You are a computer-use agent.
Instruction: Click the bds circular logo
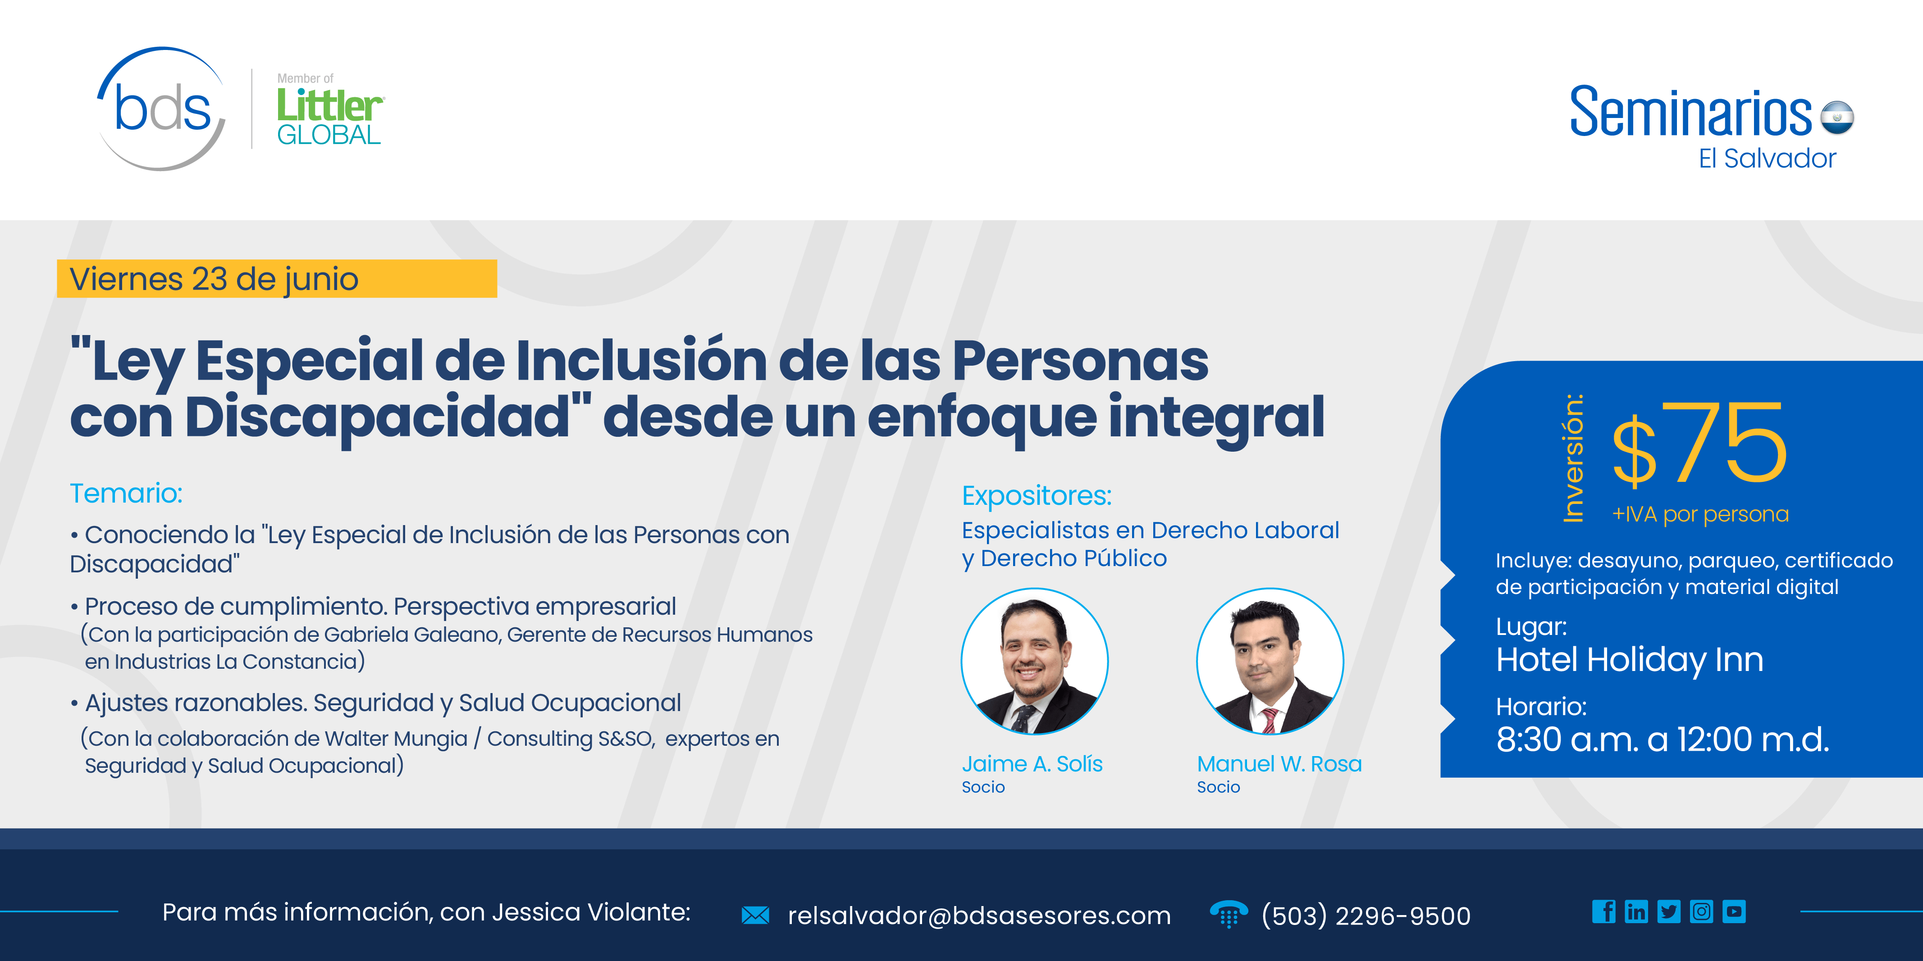tap(162, 110)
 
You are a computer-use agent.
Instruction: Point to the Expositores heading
tap(1036, 495)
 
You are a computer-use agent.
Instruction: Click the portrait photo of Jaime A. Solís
tap(1034, 661)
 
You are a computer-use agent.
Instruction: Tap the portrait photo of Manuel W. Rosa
tap(1270, 661)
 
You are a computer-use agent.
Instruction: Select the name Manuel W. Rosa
tap(1279, 764)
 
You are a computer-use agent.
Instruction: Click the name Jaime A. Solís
tap(1032, 764)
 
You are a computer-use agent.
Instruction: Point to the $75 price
tap(1700, 444)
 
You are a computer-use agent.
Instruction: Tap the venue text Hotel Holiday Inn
tap(1629, 660)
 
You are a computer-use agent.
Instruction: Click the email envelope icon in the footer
tap(755, 916)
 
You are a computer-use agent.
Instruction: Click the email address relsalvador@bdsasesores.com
tap(979, 916)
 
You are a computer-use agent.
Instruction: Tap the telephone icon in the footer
tap(1228, 914)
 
